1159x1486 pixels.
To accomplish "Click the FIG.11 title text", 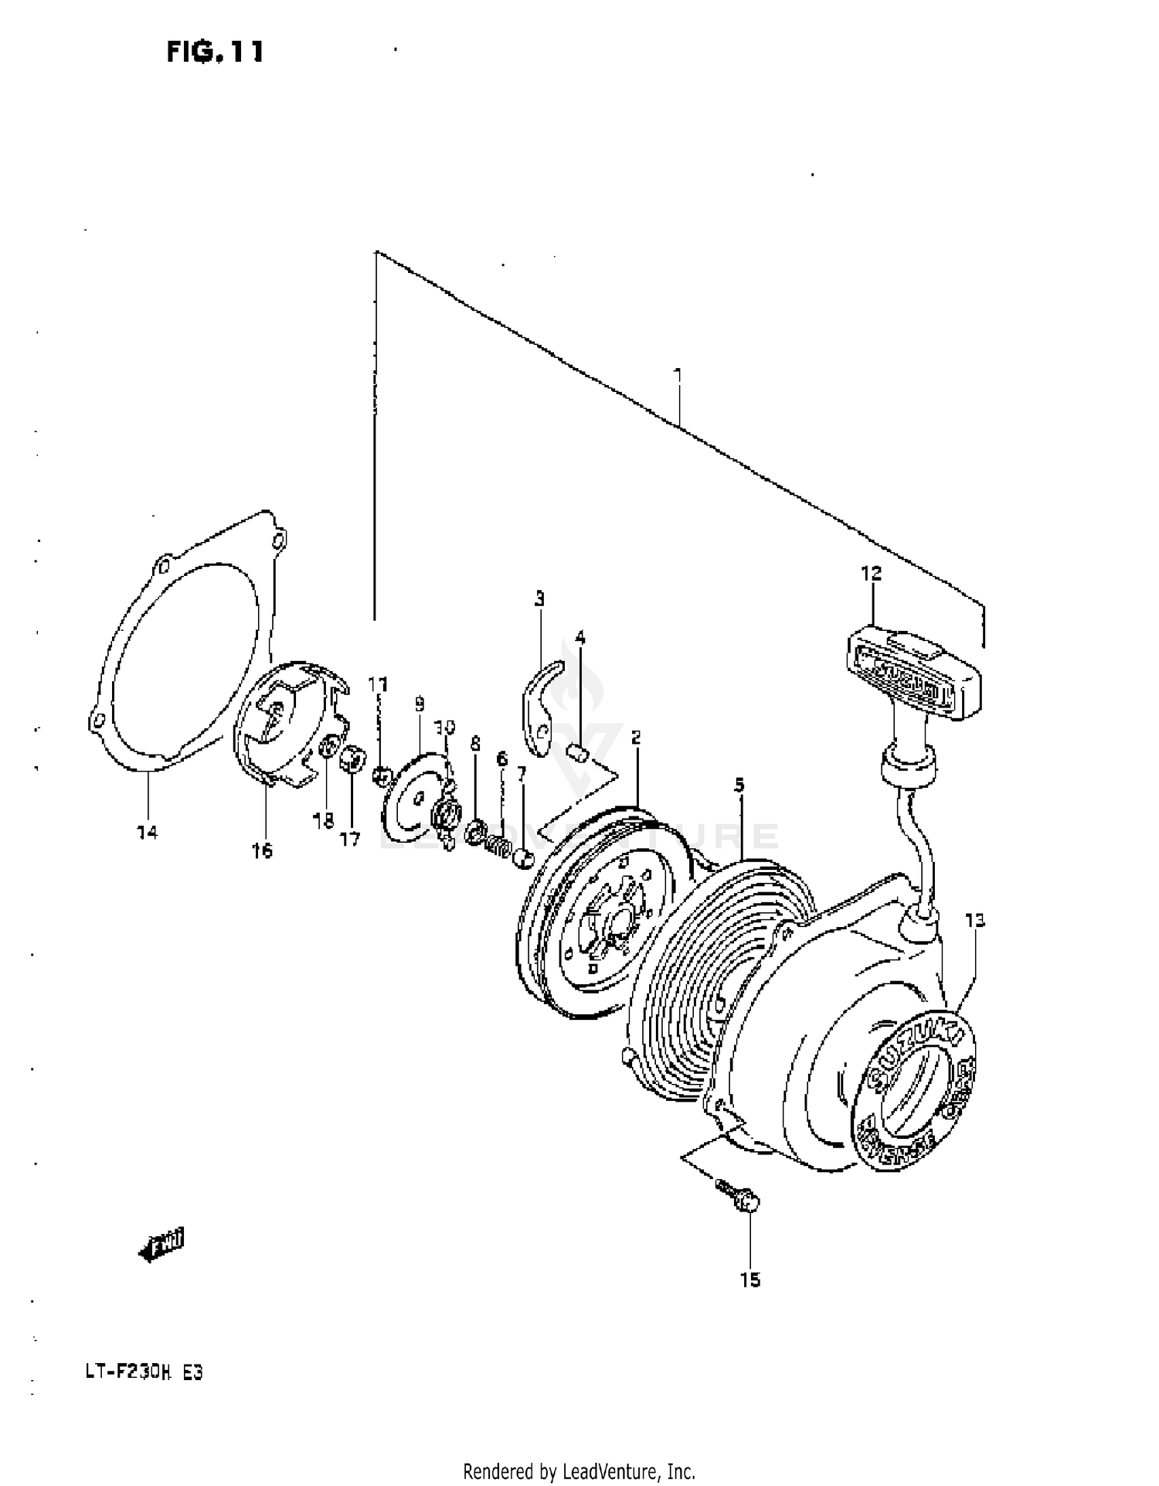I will point(215,52).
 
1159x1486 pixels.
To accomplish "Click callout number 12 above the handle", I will point(871,574).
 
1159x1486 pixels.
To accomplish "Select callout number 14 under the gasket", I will point(147,833).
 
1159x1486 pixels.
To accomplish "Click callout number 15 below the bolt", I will point(749,1280).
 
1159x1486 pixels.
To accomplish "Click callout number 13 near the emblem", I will point(974,920).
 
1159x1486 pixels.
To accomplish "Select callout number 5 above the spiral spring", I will point(739,786).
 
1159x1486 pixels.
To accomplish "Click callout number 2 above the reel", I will point(636,738).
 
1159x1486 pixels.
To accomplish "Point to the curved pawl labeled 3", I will point(541,704).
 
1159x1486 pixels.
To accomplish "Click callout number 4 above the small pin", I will point(580,638).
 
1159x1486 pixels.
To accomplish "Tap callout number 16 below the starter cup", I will point(262,851).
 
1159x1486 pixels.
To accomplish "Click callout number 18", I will point(323,821).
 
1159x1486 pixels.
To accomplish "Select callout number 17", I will point(350,838).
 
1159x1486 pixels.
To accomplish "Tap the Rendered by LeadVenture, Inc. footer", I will point(579,1471).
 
